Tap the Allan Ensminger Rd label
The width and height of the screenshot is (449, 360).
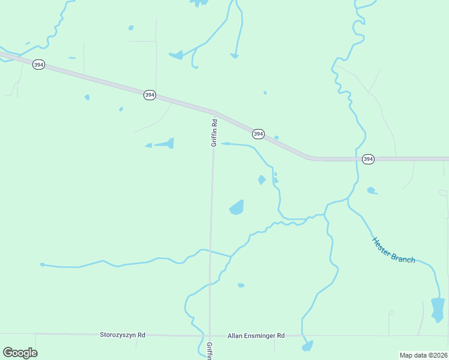click(x=256, y=336)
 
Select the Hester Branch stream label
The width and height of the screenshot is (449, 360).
click(x=393, y=250)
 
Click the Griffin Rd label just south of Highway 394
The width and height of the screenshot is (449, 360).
click(x=214, y=133)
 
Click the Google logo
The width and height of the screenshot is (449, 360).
click(x=20, y=353)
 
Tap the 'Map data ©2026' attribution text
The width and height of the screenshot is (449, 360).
click(x=423, y=355)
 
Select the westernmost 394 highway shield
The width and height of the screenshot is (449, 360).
click(x=38, y=64)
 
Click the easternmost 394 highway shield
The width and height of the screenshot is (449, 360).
click(x=368, y=159)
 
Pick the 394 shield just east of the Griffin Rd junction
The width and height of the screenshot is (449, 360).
click(x=258, y=134)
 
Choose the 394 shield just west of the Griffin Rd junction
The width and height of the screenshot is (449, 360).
click(x=149, y=95)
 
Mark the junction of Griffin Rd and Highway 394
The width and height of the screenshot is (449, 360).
click(x=214, y=112)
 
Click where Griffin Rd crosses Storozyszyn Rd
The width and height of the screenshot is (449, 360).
click(x=209, y=335)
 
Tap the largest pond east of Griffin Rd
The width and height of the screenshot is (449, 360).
click(x=237, y=208)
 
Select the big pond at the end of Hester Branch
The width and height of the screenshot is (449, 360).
click(x=438, y=309)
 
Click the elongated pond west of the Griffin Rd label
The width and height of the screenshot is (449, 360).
click(x=165, y=143)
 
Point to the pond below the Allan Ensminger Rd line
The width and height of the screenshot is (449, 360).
click(x=308, y=346)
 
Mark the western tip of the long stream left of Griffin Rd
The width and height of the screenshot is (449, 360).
click(x=42, y=265)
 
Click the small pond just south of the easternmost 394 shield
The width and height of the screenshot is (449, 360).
click(x=372, y=191)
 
